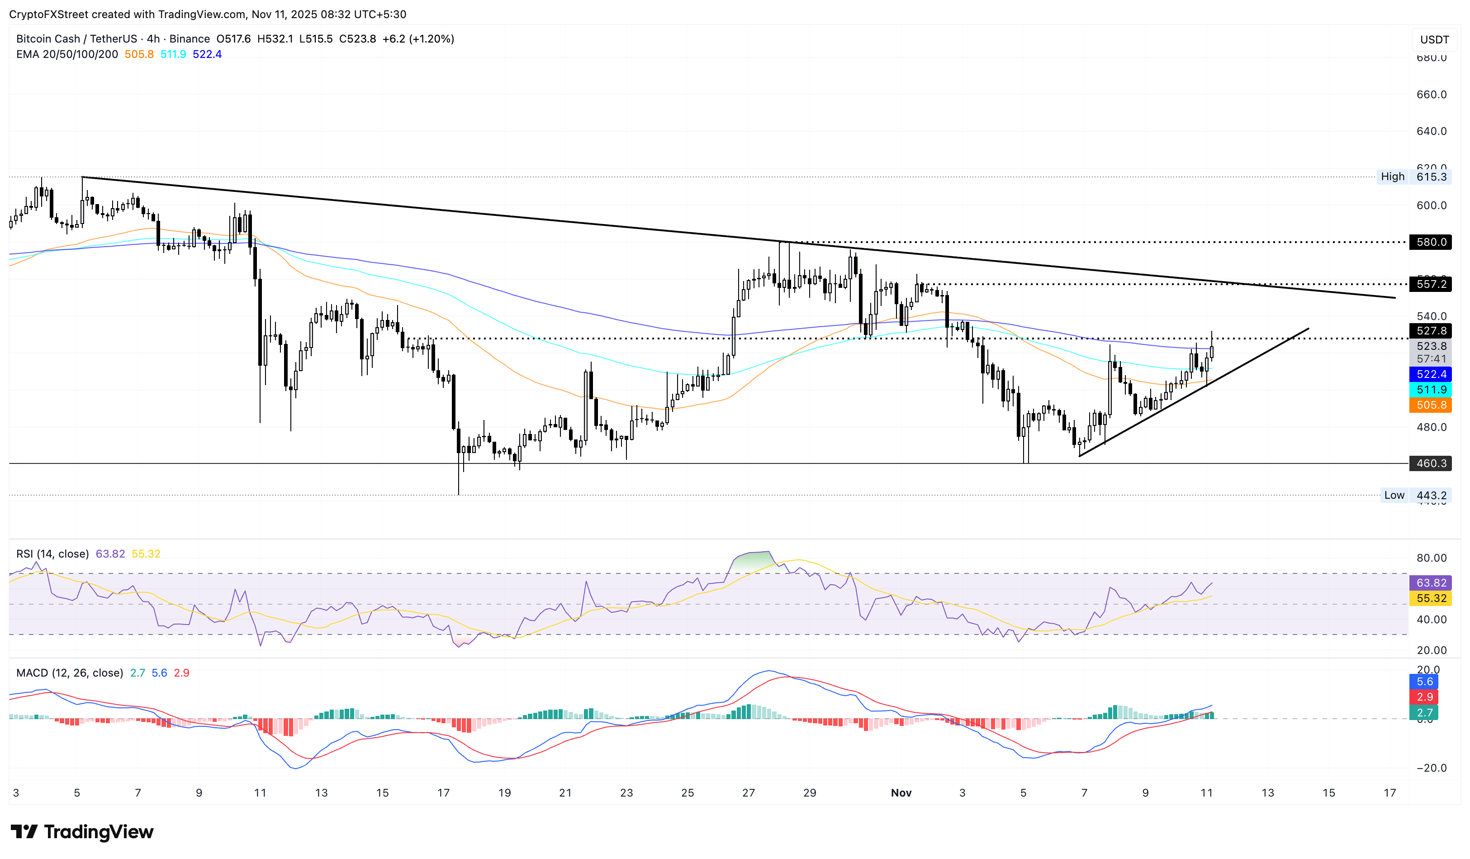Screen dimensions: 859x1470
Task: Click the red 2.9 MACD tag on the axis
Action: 1424,697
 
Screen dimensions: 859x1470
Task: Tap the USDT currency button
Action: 1434,40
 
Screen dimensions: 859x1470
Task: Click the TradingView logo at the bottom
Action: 82,831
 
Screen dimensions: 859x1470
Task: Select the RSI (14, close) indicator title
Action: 52,554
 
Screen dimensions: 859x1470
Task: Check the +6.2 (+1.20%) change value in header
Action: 417,38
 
